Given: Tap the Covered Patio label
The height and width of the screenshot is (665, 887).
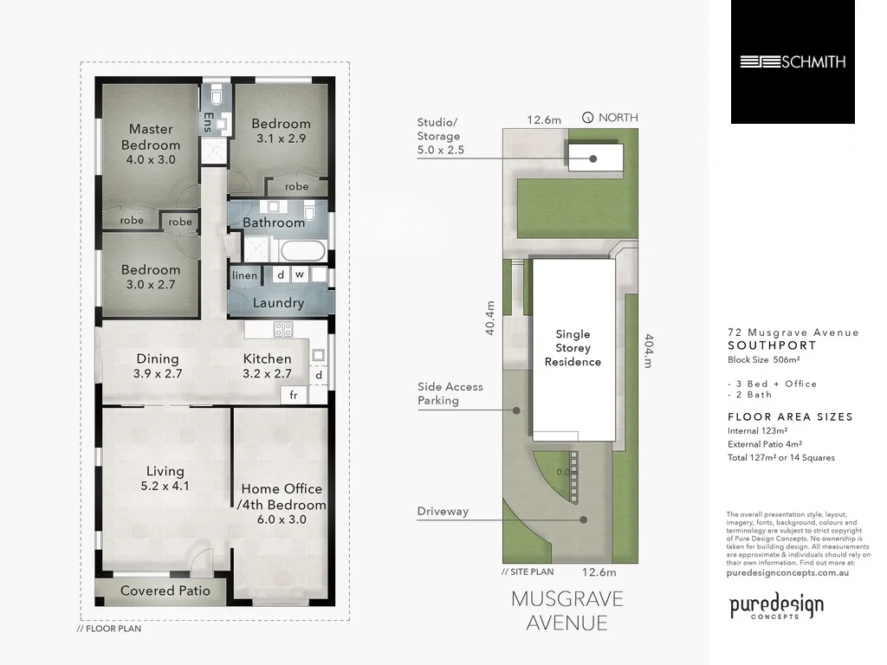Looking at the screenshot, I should point(165,591).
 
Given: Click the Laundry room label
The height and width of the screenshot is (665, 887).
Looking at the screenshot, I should point(278,303).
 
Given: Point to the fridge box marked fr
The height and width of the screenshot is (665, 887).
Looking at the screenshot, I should point(293,395).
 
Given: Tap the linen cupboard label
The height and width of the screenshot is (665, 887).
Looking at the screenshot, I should point(244,275).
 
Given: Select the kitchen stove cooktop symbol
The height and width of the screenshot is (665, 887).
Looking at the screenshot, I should point(283,329).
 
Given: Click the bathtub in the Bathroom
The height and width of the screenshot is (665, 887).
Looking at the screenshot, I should point(302,252).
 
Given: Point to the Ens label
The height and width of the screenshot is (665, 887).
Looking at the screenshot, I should point(208,124).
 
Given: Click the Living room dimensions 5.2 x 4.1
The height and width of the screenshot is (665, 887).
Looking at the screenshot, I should point(165,486).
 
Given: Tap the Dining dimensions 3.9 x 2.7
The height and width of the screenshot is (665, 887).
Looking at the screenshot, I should point(158,374).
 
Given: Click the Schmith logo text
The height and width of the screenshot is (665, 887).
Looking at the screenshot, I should point(793,61).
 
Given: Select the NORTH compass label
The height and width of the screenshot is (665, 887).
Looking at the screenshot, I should point(618,118).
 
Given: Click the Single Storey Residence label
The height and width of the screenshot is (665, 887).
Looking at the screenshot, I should point(573,347).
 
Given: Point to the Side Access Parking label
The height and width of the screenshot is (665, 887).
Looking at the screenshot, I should point(450,393).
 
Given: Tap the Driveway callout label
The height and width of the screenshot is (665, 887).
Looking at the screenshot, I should point(443,511).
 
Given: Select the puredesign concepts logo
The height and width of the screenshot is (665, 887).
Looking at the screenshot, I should point(775,608).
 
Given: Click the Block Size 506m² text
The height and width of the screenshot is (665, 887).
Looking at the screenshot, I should point(763,359).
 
